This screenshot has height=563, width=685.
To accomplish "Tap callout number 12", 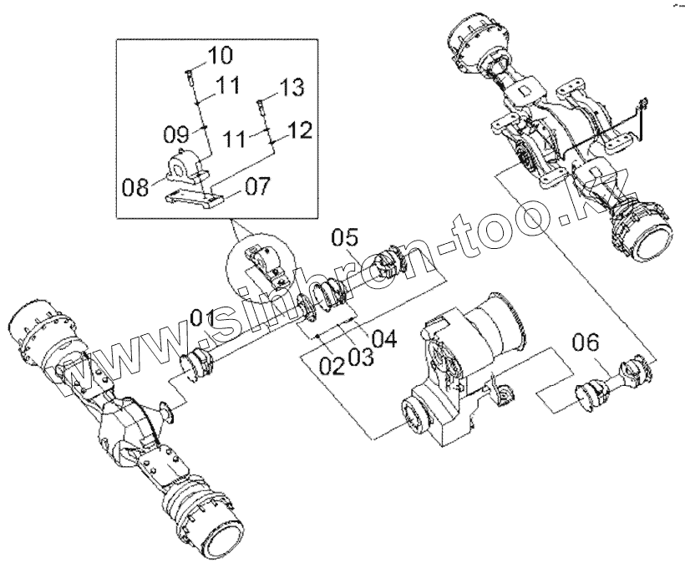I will click(x=300, y=129).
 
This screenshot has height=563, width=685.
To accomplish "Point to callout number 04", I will click(x=383, y=339).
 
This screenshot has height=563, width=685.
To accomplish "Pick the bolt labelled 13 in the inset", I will click(x=261, y=106).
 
